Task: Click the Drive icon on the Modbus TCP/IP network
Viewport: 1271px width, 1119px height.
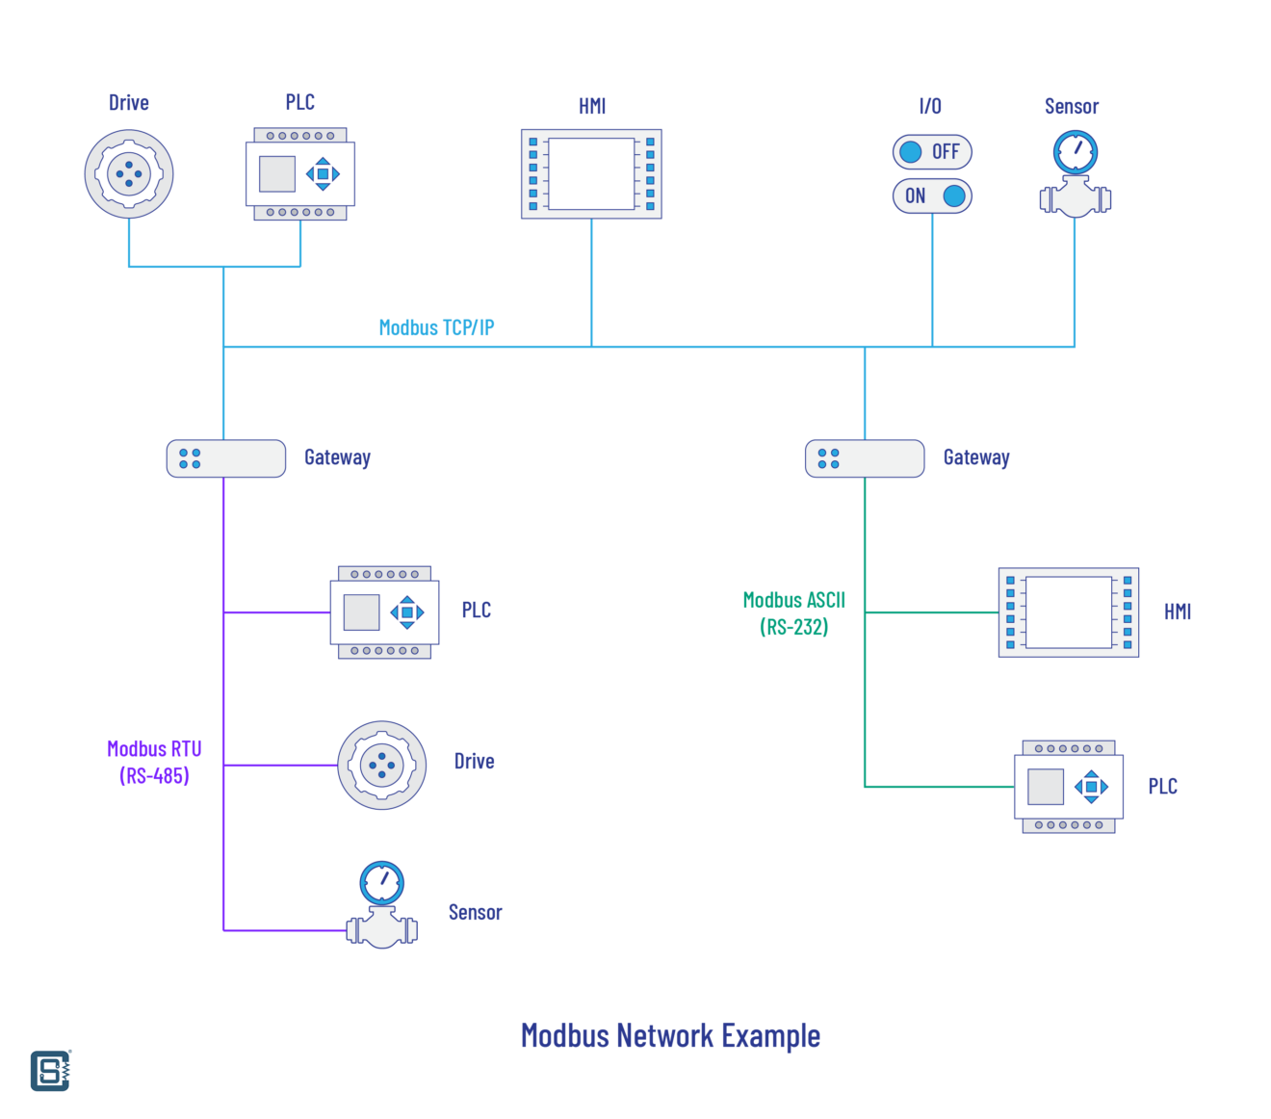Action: (x=129, y=174)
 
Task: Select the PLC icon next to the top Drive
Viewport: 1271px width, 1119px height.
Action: (x=300, y=174)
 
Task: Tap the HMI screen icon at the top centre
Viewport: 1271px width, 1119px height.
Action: (x=591, y=174)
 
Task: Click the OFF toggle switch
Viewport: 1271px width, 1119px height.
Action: (x=932, y=152)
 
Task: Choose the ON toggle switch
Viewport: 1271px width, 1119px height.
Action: (x=932, y=196)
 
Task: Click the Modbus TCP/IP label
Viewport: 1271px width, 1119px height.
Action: (x=436, y=327)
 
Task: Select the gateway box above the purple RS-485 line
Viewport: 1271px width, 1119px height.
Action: (x=226, y=458)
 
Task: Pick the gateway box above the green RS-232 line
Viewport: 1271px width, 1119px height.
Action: (x=865, y=458)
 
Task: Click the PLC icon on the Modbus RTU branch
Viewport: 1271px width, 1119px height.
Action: (x=384, y=612)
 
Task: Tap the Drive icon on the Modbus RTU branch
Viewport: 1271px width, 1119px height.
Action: (x=382, y=766)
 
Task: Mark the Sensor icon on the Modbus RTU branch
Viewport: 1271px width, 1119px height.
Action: (x=382, y=905)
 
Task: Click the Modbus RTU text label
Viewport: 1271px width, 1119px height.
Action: (x=154, y=749)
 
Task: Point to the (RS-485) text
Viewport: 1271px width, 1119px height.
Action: (x=154, y=776)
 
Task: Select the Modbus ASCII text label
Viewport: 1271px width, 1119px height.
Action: (x=794, y=600)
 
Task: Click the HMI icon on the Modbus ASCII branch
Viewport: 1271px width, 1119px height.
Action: (x=1069, y=612)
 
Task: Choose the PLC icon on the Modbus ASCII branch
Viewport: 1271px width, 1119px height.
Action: (x=1069, y=787)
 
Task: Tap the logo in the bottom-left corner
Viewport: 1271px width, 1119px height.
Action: (x=50, y=1071)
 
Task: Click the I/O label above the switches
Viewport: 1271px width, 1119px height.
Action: (x=930, y=106)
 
